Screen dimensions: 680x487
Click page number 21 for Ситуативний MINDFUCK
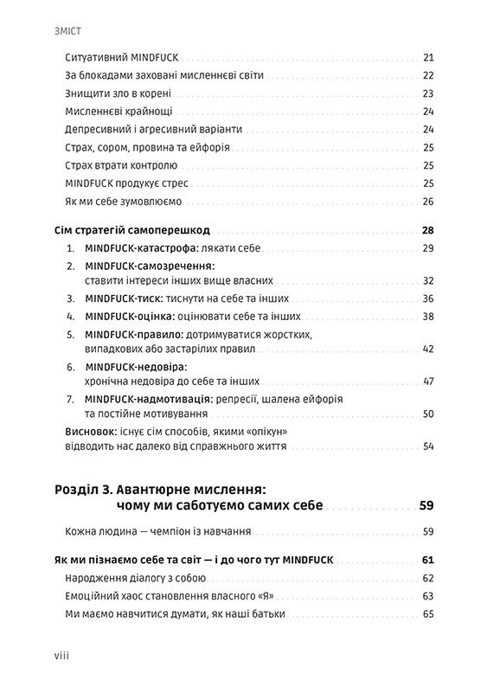tap(427, 57)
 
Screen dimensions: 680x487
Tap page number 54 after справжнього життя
tap(427, 446)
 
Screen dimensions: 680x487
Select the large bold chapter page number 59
tap(425, 505)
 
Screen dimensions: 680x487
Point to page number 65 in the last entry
tap(427, 614)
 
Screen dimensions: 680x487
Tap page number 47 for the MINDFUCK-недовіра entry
tap(427, 382)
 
